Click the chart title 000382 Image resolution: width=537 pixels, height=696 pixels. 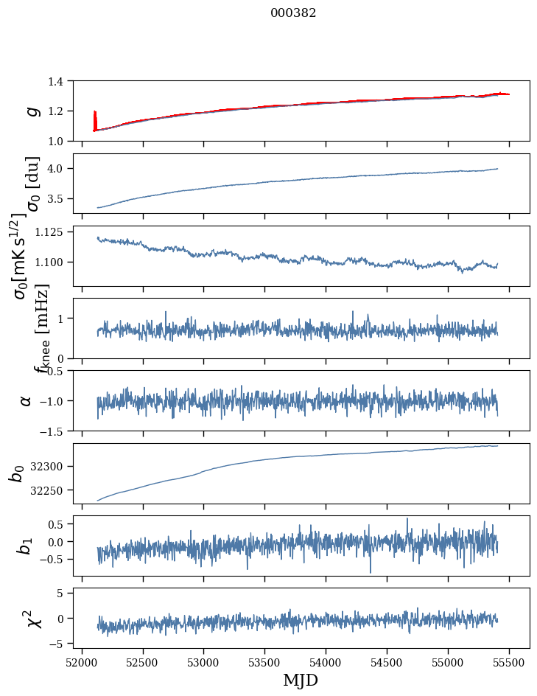(293, 13)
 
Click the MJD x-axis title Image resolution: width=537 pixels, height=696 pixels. (301, 680)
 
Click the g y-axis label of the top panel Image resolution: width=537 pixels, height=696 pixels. (31, 111)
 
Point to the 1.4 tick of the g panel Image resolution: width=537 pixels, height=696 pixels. (63, 81)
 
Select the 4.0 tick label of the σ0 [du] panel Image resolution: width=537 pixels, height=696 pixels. (63, 169)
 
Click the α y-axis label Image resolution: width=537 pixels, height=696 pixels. (27, 400)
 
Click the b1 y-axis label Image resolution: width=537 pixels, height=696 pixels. (25, 546)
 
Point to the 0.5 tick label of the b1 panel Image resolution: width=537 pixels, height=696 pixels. (60, 524)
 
